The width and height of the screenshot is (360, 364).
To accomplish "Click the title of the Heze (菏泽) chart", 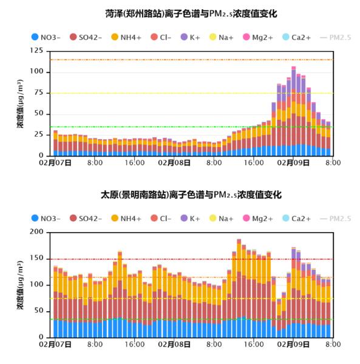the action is point(191,14).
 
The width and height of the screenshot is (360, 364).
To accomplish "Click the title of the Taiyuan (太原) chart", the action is point(191,194).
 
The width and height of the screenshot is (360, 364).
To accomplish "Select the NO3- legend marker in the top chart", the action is point(35,37).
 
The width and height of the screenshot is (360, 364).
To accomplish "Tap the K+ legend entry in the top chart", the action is point(190,37).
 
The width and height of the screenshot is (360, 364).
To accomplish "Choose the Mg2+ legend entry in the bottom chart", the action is point(257,218).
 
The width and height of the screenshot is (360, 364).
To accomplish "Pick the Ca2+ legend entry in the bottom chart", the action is point(296,218).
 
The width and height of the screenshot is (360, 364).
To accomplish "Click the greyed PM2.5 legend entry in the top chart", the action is point(335,37).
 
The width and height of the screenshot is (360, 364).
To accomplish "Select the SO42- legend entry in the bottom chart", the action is point(86,218).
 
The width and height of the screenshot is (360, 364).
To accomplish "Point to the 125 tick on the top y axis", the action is point(36,50).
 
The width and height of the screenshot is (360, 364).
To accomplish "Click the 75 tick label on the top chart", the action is point(39,92).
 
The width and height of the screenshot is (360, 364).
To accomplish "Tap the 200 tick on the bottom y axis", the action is point(36,232).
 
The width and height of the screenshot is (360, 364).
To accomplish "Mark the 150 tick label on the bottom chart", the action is point(36,258).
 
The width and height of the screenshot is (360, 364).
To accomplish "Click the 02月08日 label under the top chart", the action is point(174,163).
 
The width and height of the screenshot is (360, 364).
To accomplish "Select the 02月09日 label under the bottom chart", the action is point(293,345).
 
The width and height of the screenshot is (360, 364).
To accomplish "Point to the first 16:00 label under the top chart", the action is point(135,163).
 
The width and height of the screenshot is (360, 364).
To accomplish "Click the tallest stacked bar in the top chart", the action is point(294,111).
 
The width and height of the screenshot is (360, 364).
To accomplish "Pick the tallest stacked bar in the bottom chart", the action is point(239,288).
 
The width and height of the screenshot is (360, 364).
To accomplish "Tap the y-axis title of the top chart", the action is point(20,103).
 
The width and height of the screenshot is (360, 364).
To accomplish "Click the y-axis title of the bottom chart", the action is point(20,285).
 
